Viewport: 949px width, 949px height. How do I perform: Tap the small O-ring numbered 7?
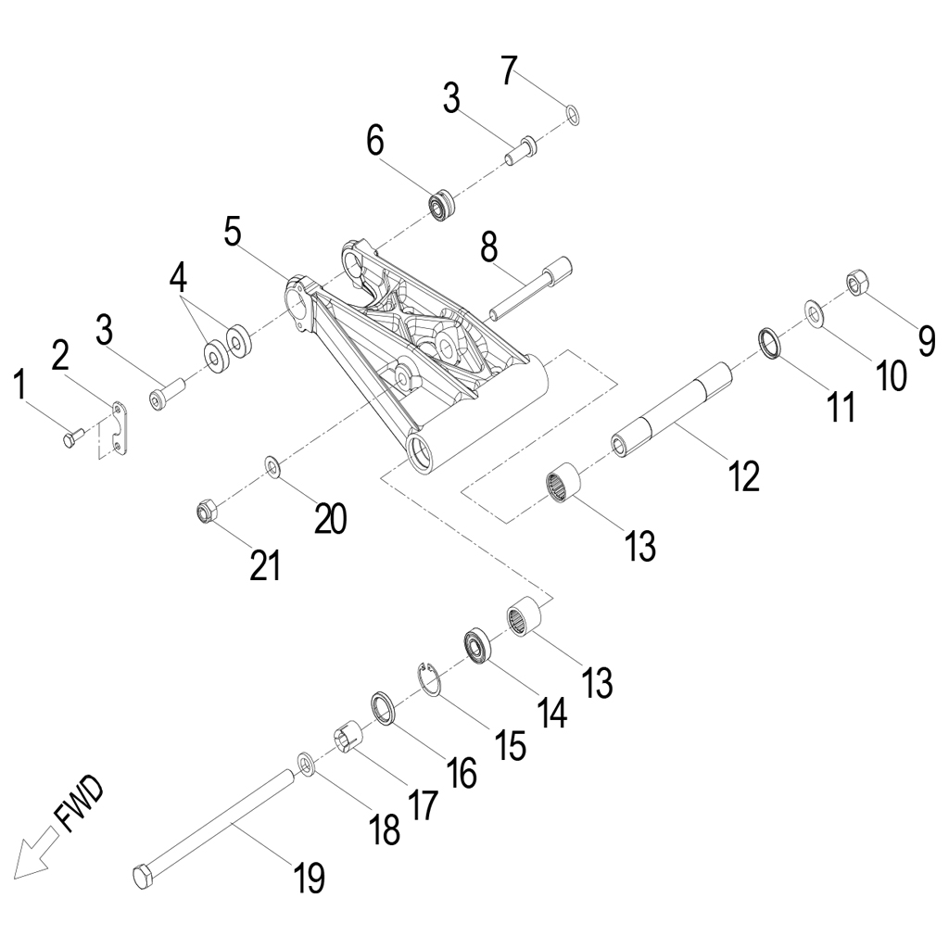click(574, 115)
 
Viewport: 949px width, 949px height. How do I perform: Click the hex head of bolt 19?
click(143, 875)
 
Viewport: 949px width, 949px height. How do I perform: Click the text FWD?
click(80, 804)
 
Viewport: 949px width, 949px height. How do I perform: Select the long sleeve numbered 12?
click(671, 407)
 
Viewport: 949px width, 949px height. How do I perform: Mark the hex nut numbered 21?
click(208, 511)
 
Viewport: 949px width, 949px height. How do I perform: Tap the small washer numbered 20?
click(273, 463)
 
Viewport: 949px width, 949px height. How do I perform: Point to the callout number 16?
click(461, 770)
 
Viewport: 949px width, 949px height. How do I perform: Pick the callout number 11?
click(842, 405)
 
